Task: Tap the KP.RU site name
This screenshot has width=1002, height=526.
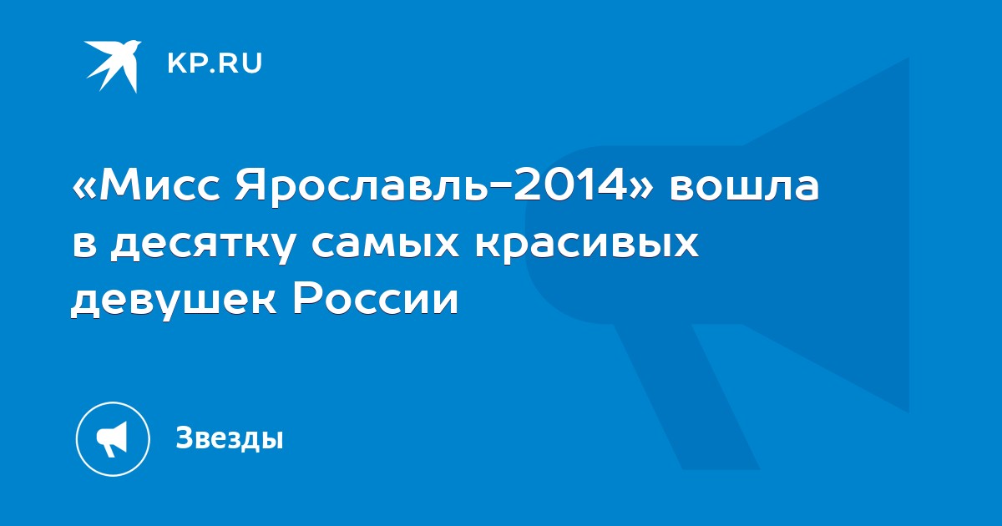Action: point(215,63)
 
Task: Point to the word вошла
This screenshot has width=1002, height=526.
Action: point(744,187)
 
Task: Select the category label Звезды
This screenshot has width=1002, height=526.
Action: point(230,438)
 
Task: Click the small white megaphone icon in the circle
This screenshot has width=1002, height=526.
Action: point(112,439)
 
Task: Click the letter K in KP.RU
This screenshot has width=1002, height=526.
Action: point(177,63)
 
